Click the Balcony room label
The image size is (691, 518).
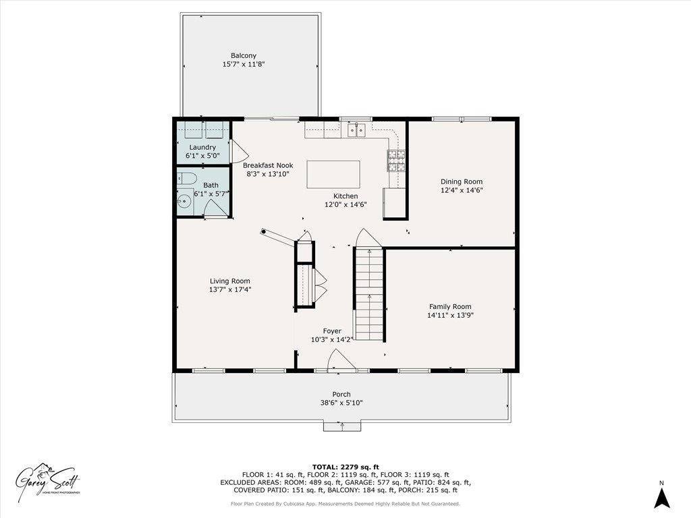click(244, 56)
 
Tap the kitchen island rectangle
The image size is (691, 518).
click(333, 174)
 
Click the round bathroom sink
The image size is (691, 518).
click(183, 200)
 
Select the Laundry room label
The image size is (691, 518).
click(202, 147)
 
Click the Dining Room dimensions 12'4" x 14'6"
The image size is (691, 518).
click(462, 190)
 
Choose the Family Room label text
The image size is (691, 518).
click(450, 306)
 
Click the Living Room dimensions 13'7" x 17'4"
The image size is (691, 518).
click(229, 290)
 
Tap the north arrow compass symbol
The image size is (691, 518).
click(662, 498)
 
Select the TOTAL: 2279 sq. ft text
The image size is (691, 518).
click(345, 467)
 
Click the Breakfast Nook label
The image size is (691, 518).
click(267, 165)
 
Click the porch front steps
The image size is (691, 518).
click(341, 426)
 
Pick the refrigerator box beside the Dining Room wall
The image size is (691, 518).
click(394, 204)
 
